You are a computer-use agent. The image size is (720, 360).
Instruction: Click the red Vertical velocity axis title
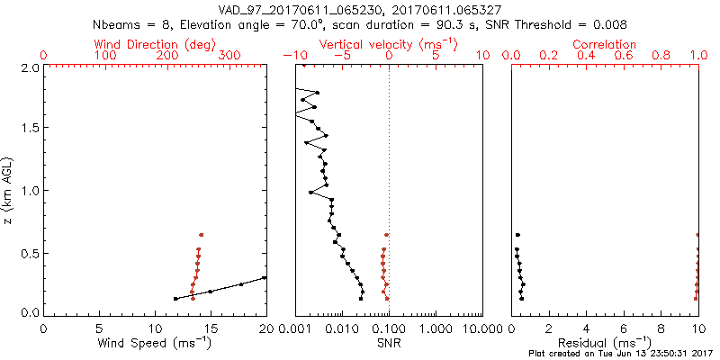coord(388,44)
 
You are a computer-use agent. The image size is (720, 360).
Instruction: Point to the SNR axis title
coord(389,342)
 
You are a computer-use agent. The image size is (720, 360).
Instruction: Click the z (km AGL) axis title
coord(8,190)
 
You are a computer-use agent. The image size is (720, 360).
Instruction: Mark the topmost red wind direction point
coord(201,235)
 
